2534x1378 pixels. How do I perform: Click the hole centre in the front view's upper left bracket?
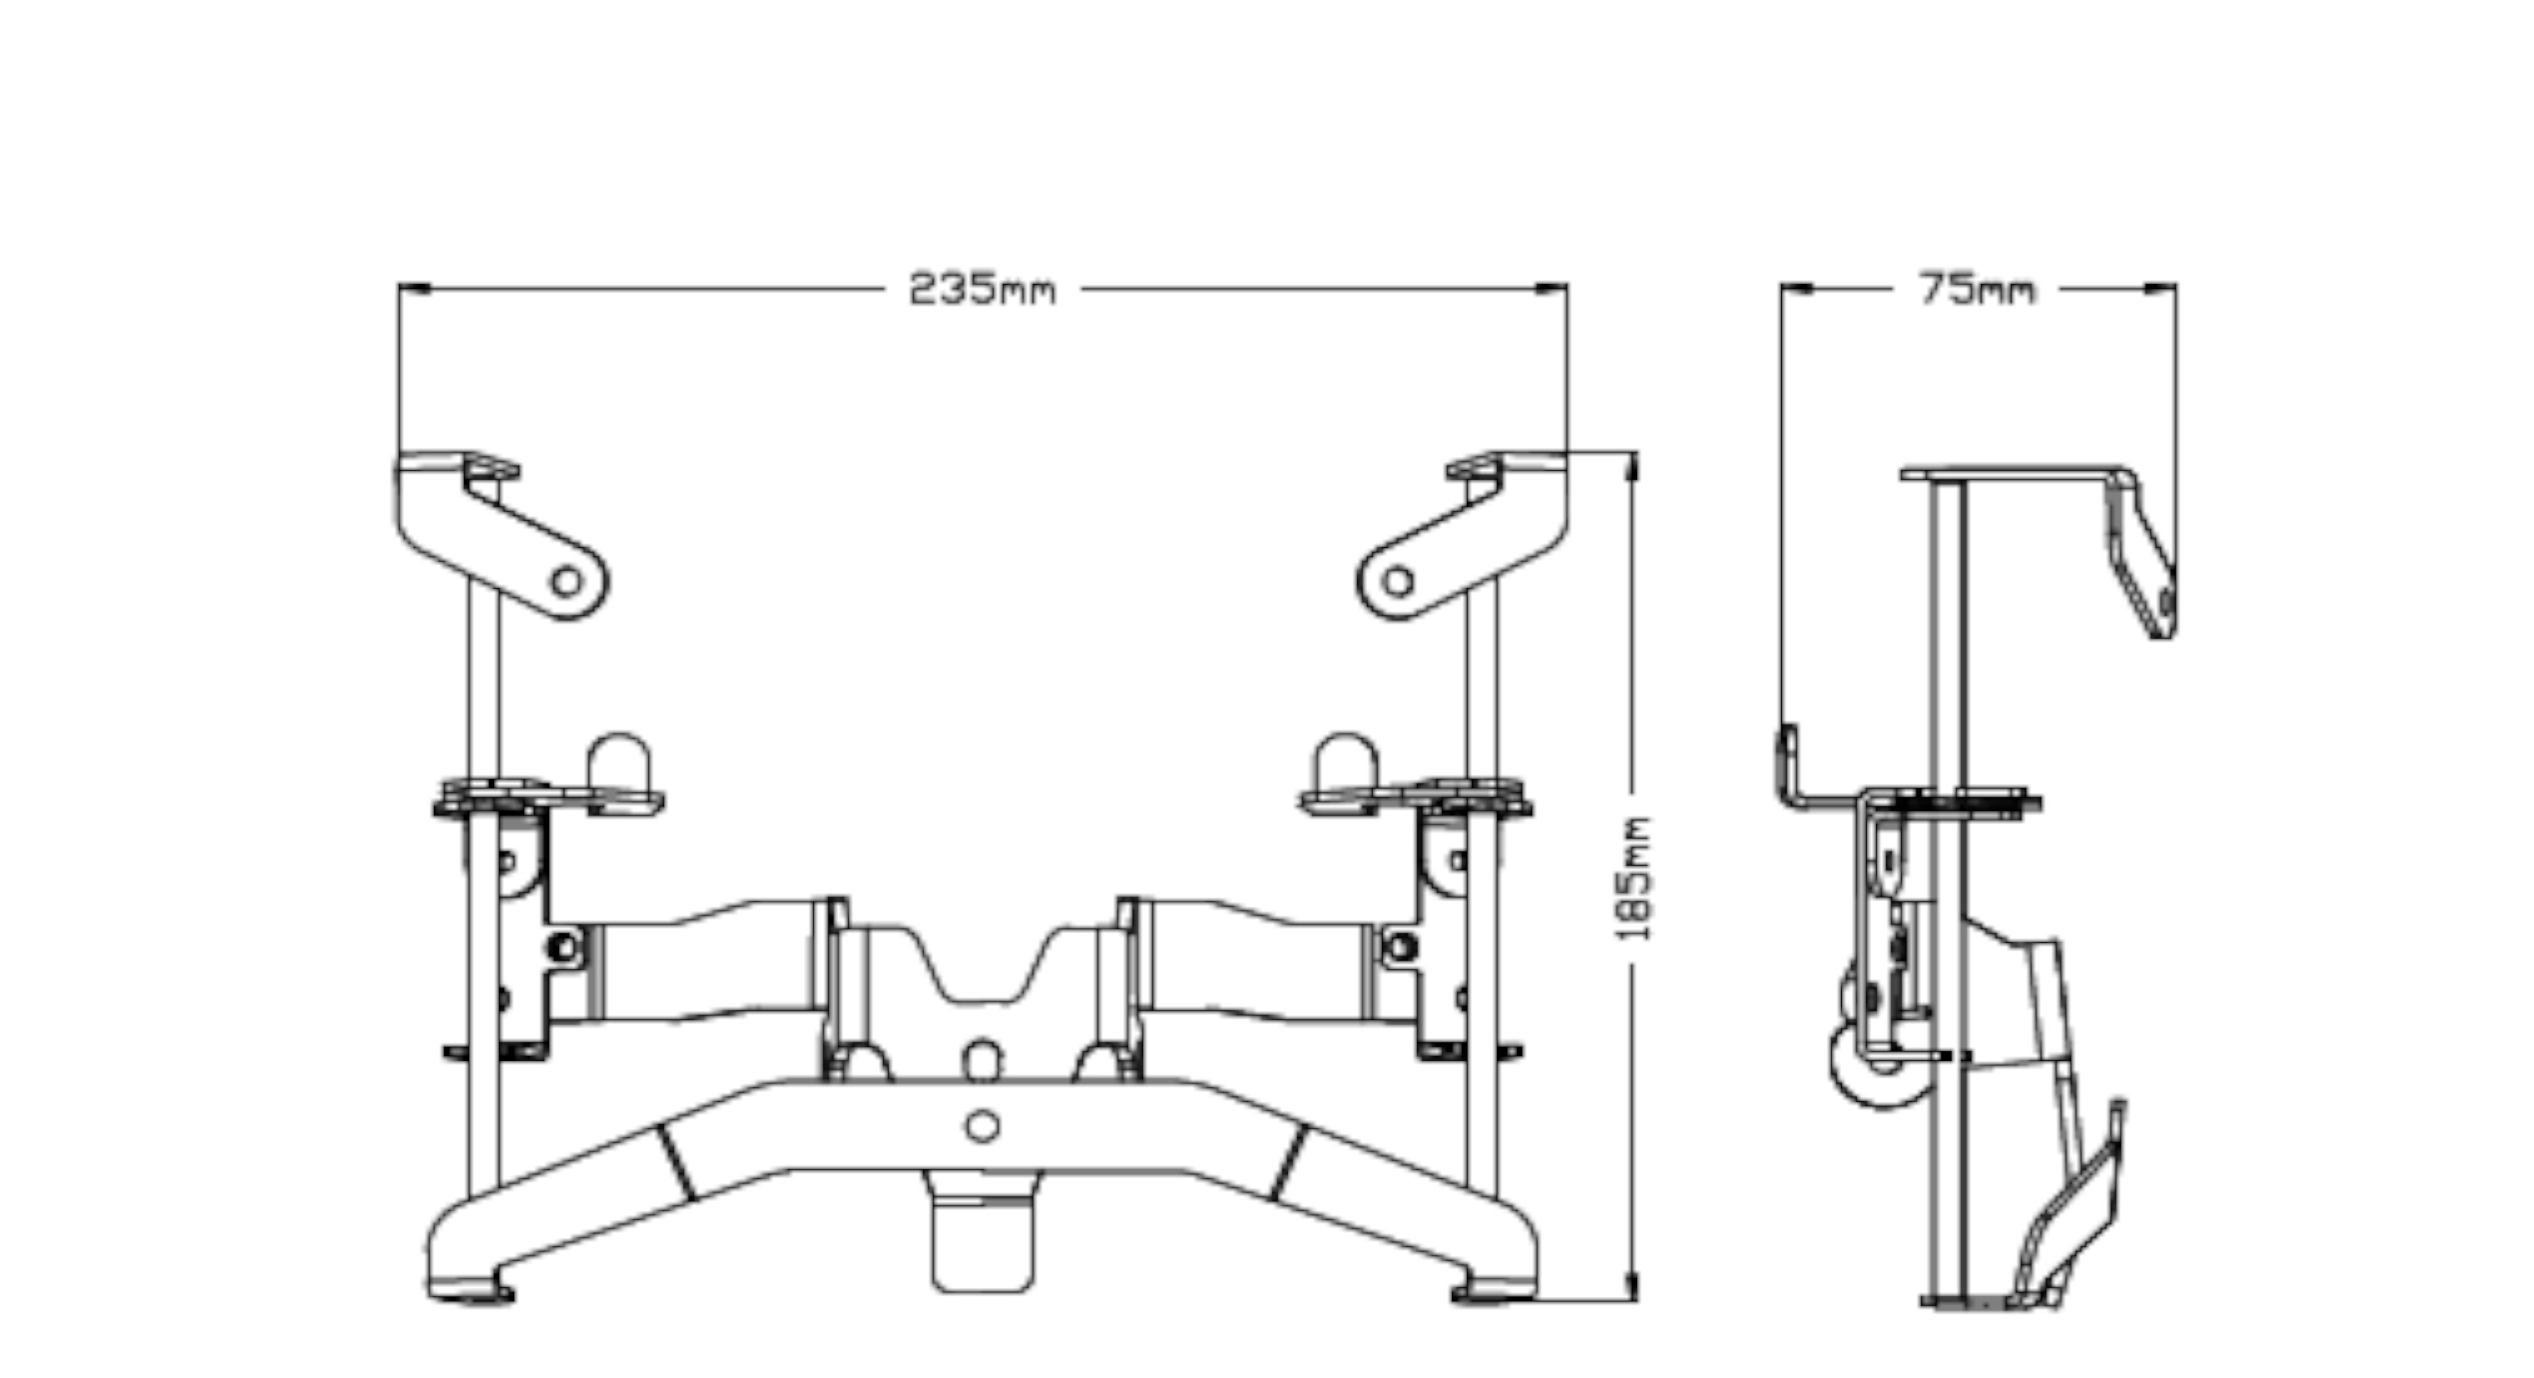tap(566, 581)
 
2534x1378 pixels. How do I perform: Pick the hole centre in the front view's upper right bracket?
tap(1398, 581)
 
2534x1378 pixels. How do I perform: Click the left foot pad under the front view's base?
tap(470, 1290)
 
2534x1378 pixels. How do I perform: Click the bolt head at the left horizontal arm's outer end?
tap(563, 947)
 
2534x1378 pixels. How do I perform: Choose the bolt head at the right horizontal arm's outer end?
tap(1401, 947)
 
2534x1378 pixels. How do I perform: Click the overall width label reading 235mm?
tap(982, 289)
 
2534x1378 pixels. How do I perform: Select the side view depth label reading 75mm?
tap(1976, 289)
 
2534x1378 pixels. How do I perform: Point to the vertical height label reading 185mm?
tap(1634, 878)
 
